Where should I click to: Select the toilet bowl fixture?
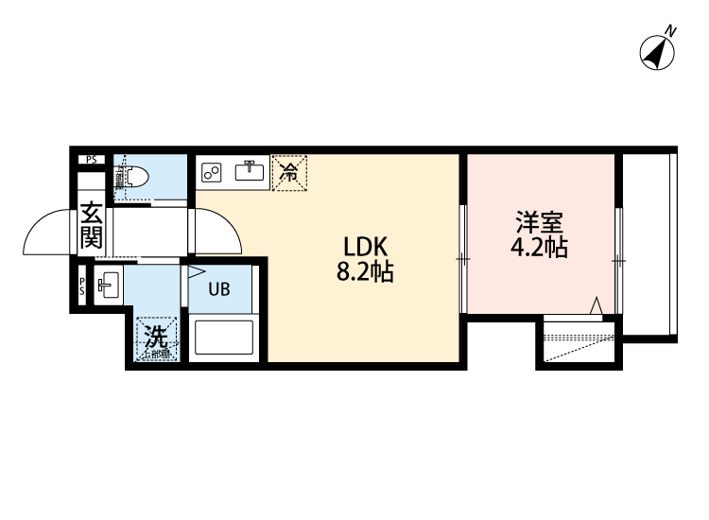(x=132, y=177)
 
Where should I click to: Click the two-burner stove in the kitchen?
(x=212, y=171)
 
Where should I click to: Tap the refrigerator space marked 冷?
(x=289, y=172)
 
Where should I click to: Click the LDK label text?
(x=365, y=247)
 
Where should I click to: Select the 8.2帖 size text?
(x=365, y=273)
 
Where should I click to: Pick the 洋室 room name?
(x=539, y=224)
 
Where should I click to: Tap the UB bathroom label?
(x=218, y=290)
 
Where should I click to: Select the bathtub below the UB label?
(x=223, y=338)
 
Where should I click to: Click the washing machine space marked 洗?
(x=156, y=338)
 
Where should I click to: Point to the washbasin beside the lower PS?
(x=108, y=284)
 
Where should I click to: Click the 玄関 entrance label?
(x=92, y=226)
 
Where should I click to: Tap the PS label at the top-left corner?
(x=92, y=159)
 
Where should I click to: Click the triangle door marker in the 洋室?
(x=597, y=305)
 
